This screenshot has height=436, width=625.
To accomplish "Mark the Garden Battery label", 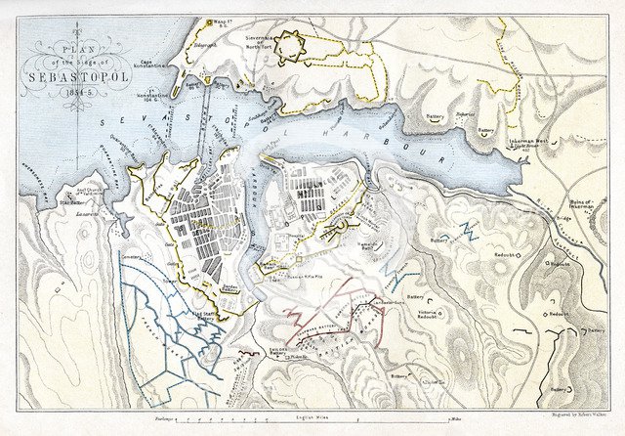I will coord(230,287).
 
